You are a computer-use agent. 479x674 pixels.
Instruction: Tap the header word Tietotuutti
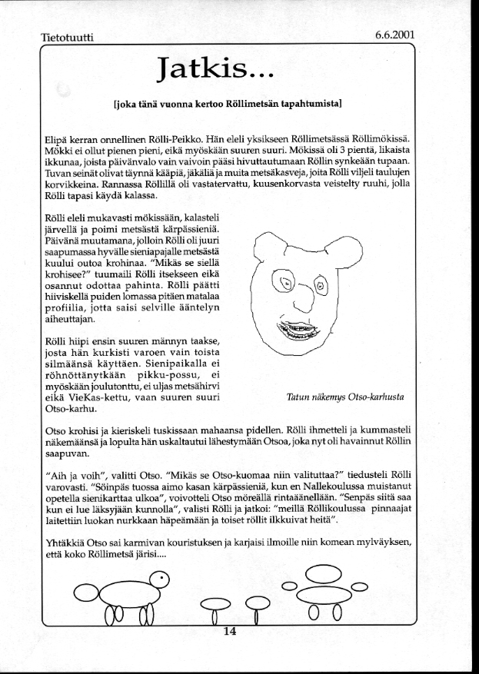[x=66, y=38]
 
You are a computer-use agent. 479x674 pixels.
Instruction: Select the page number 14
[x=228, y=632]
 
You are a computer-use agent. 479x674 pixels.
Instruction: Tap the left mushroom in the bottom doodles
[x=215, y=603]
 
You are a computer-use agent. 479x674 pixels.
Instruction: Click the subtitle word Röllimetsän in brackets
[x=244, y=101]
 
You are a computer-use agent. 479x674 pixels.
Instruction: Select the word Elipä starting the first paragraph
[x=57, y=139]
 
